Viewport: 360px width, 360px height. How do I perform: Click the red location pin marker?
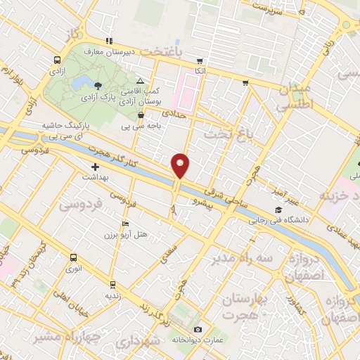(x=181, y=165)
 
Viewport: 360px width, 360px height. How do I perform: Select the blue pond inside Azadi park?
(x=82, y=80)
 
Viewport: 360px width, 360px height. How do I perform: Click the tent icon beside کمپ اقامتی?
(x=141, y=82)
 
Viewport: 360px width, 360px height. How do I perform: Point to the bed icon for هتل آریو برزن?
(x=125, y=224)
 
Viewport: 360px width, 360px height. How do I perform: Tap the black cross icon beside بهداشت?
(x=95, y=167)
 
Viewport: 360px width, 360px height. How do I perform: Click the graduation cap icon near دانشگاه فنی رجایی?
(x=278, y=210)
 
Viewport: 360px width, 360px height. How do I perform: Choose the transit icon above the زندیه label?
(x=112, y=284)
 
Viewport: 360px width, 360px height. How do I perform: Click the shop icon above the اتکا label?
(x=200, y=60)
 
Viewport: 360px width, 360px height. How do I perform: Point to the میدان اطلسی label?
(x=294, y=98)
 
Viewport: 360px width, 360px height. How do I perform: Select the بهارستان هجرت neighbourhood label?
(x=245, y=307)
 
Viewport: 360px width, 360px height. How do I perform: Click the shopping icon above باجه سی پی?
(x=141, y=116)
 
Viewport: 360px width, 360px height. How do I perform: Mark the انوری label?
(x=73, y=268)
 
